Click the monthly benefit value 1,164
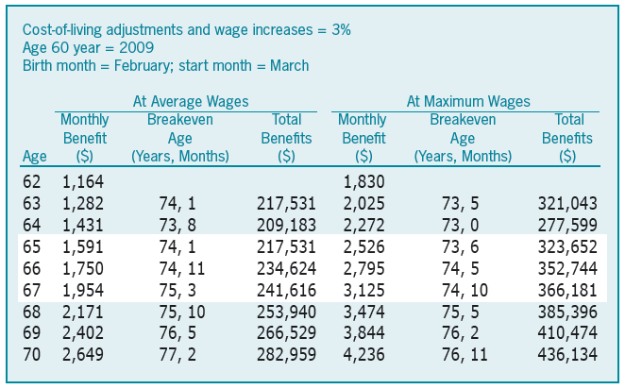[84, 179]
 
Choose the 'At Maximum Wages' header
[468, 101]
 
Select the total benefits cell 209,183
[286, 222]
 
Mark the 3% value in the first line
[340, 29]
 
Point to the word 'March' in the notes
[288, 65]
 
